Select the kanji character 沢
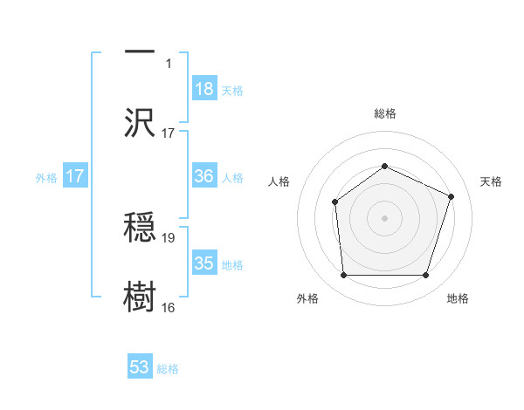pos(140,122)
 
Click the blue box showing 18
pos(204,88)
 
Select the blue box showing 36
pos(204,176)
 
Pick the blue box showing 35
pos(204,263)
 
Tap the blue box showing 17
pos(75,176)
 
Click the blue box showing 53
pos(140,367)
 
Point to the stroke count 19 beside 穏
pos(169,237)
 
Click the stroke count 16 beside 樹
pos(169,307)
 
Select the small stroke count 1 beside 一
pos(170,64)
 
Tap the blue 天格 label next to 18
pos(232,90)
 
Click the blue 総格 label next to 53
pos(168,369)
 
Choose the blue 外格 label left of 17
pos(46,178)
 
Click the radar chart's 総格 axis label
pos(384,113)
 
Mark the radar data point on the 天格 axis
pos(452,196)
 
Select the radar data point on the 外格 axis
pos(343,276)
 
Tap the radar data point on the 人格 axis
pos(334,202)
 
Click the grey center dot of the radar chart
pos(384,218)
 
